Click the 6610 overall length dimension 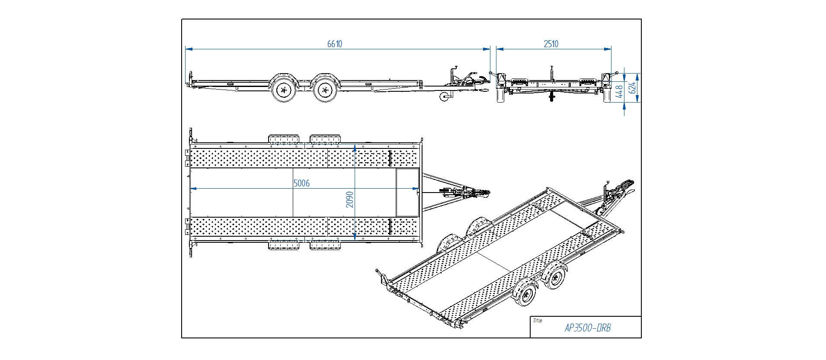tap(334, 44)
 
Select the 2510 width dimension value tap(551, 44)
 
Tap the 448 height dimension tap(619, 91)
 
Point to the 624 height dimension tap(632, 88)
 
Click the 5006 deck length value tap(301, 183)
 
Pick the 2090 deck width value tap(350, 199)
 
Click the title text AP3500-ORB tap(587, 328)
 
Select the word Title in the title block tap(537, 321)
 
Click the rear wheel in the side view tap(284, 90)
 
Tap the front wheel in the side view tap(325, 90)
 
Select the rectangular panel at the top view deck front tap(407, 192)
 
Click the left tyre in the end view tap(501, 96)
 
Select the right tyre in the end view tap(607, 96)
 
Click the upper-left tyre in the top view tap(283, 139)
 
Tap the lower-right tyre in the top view tap(325, 246)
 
